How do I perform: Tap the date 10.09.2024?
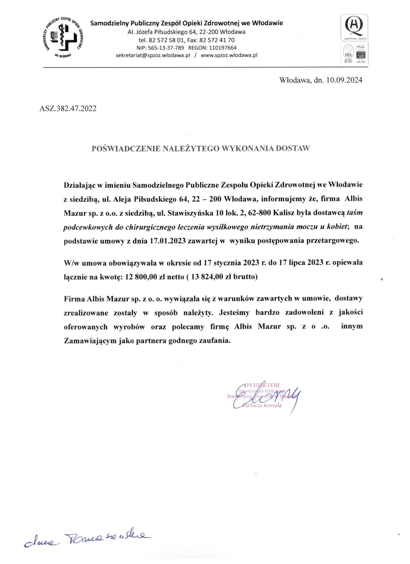(x=344, y=80)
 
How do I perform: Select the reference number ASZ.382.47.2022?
(x=68, y=108)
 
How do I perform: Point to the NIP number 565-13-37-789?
(x=166, y=48)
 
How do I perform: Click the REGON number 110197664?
(x=223, y=48)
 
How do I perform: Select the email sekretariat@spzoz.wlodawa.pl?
(x=153, y=55)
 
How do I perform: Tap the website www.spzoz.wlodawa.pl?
(x=229, y=55)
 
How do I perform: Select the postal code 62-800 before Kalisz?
(x=259, y=213)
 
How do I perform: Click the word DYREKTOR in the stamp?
(x=262, y=385)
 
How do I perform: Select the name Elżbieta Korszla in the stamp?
(x=262, y=405)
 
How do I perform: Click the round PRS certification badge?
(x=348, y=53)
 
